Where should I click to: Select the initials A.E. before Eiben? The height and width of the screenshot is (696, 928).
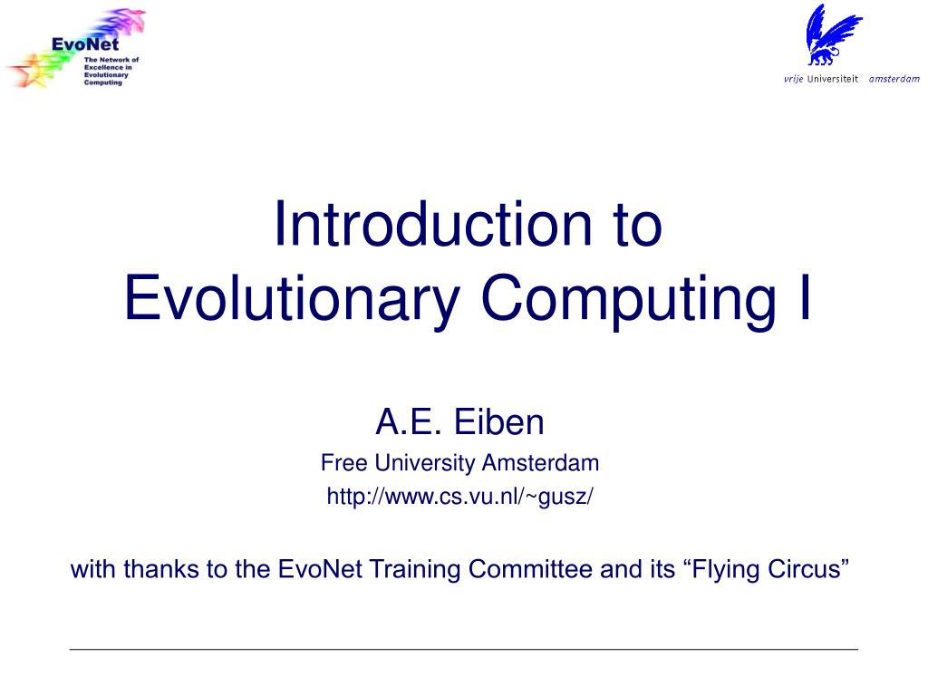(407, 422)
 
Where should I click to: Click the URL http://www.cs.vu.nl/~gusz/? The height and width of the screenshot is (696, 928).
(459, 497)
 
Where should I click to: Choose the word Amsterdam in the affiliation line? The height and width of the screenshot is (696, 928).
(540, 463)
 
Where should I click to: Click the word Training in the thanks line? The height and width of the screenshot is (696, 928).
(411, 570)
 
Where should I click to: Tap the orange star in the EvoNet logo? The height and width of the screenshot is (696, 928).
(27, 72)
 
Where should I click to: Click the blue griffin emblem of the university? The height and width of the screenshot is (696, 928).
(832, 35)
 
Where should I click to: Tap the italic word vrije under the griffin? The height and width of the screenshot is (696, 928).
(794, 79)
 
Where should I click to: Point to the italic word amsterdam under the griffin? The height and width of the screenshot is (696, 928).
(893, 79)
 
